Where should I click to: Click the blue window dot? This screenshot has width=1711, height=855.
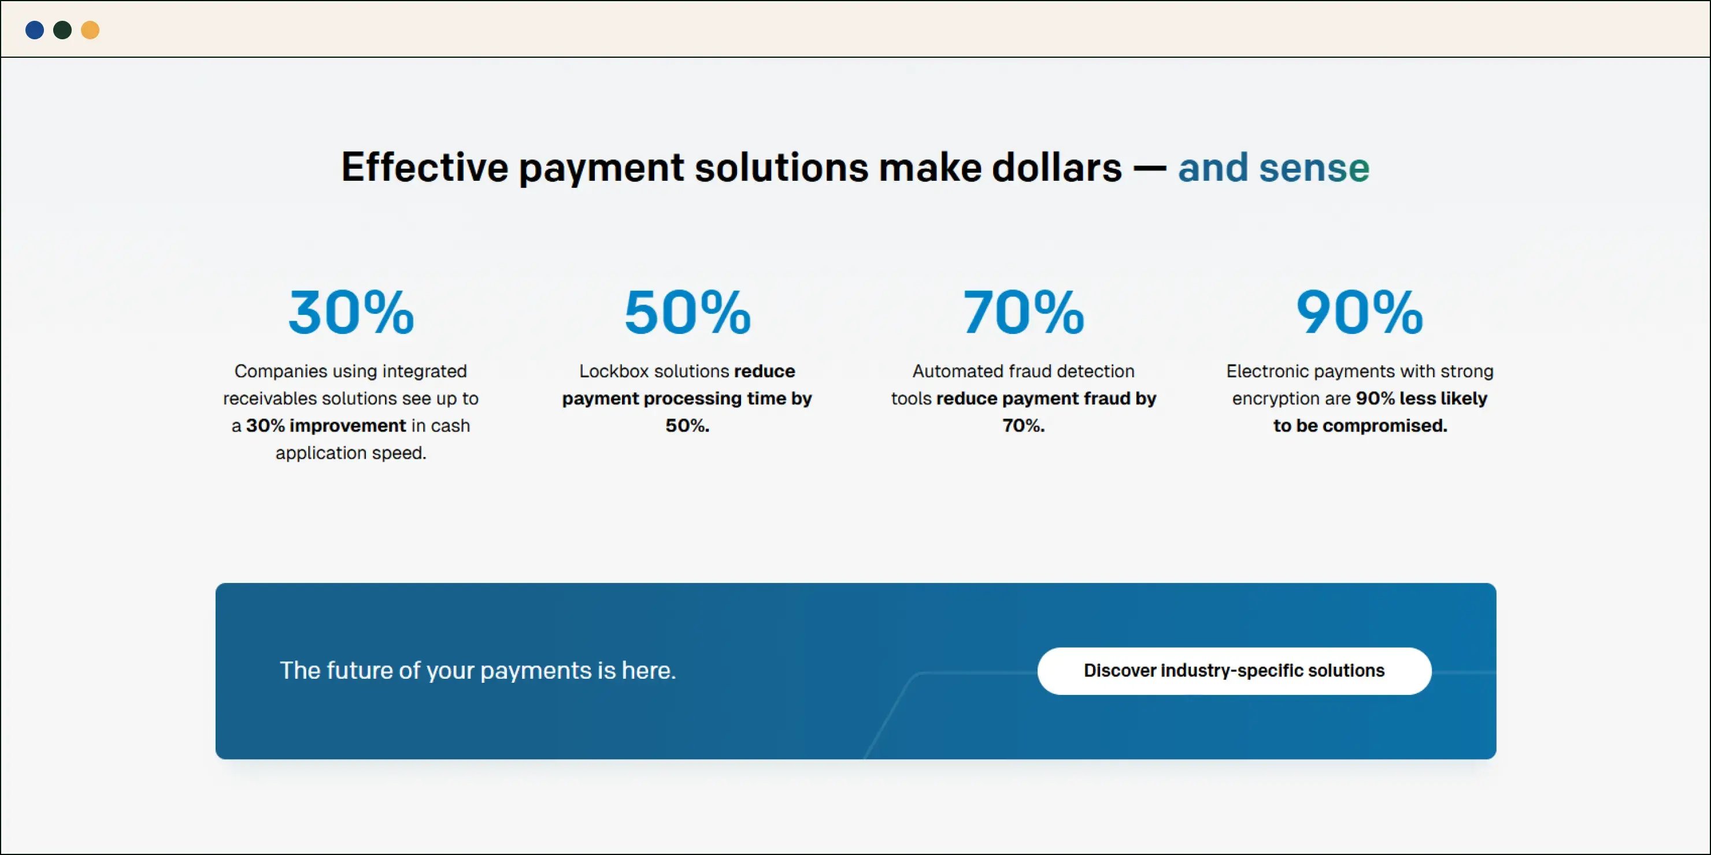[35, 30]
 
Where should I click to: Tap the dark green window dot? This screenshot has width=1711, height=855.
[62, 30]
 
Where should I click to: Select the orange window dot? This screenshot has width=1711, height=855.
[90, 30]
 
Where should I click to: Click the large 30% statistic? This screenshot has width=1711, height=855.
[351, 312]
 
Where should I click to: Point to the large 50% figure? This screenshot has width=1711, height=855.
[687, 312]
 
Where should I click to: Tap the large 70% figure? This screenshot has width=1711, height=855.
[1024, 312]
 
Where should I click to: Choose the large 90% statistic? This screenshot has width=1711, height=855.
[1360, 312]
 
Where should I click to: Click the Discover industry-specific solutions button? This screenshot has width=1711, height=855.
[1234, 671]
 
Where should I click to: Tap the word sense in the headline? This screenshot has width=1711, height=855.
[1314, 168]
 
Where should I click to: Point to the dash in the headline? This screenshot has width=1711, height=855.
[1150, 168]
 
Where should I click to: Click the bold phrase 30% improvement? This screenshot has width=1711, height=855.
[325, 426]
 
